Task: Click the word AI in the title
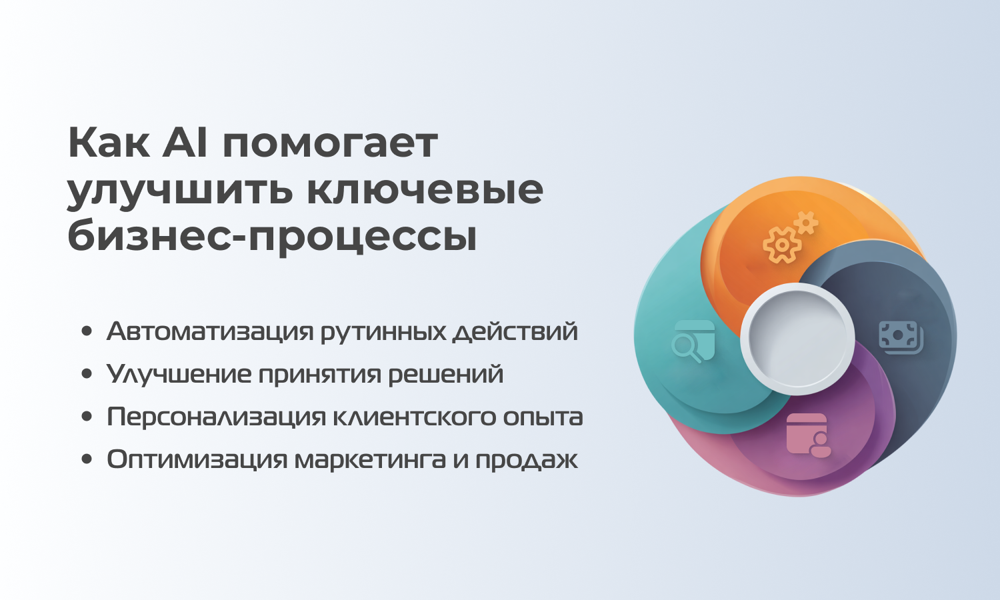(x=185, y=143)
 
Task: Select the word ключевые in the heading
(x=425, y=189)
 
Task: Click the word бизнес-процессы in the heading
(x=272, y=236)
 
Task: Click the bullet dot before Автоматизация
(x=87, y=331)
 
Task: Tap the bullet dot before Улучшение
(x=87, y=373)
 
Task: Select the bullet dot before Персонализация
(x=87, y=417)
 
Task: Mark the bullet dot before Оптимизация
(x=87, y=459)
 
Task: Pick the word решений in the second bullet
(x=445, y=374)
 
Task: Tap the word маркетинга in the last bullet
(x=369, y=461)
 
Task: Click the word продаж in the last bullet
(x=527, y=461)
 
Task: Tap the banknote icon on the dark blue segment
(x=901, y=337)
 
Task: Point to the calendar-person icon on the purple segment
(x=809, y=435)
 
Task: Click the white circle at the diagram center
(x=797, y=339)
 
